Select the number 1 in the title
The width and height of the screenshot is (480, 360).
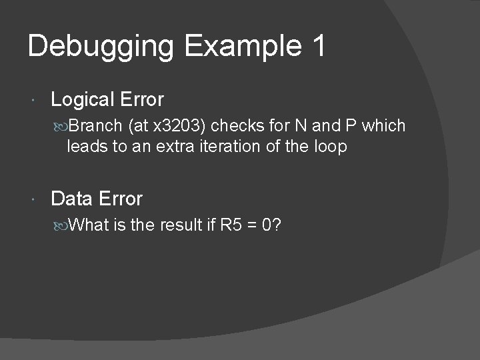(x=318, y=47)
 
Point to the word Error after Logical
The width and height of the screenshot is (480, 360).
(x=142, y=100)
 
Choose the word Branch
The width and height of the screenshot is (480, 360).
(x=95, y=126)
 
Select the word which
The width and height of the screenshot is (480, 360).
(x=383, y=126)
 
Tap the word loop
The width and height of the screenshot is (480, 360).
(x=331, y=147)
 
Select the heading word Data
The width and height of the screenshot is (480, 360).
(x=71, y=199)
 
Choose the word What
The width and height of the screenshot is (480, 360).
(x=89, y=225)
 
